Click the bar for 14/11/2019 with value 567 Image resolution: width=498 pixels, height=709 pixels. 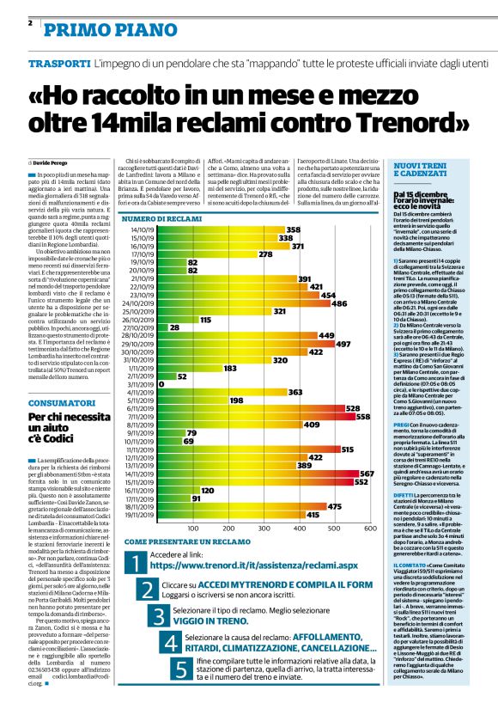(x=258, y=474)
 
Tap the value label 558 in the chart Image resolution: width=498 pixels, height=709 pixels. (x=363, y=417)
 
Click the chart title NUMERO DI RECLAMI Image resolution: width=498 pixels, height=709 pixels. (x=167, y=221)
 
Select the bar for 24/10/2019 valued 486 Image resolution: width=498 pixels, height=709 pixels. (x=244, y=303)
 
